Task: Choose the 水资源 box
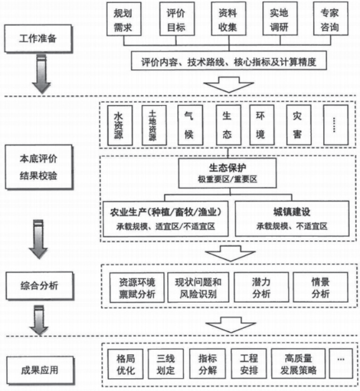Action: pyautogui.click(x=119, y=126)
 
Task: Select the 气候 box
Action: pyautogui.click(x=189, y=125)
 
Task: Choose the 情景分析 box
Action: pyautogui.click(x=320, y=287)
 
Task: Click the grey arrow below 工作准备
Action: pyautogui.click(x=40, y=73)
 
